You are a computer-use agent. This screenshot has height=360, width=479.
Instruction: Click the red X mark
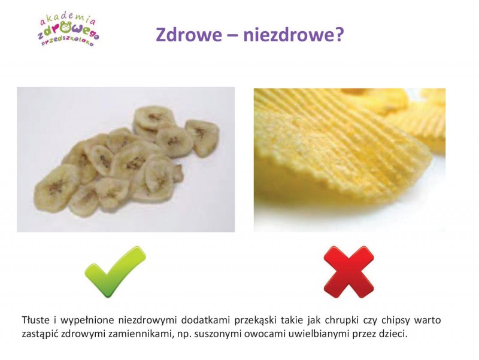coord(349,272)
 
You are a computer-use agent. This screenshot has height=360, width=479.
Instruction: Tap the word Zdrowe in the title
coord(189,35)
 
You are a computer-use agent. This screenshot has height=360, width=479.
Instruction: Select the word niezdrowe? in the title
coord(293,35)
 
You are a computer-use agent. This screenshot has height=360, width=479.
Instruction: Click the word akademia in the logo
coord(68,20)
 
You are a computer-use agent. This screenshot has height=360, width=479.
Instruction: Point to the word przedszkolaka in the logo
coord(67,42)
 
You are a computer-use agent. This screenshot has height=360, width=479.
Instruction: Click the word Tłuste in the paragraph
coord(35,320)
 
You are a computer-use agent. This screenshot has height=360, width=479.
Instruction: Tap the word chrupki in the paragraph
coord(341,320)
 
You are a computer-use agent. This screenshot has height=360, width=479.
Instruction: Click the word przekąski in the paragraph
coord(256,320)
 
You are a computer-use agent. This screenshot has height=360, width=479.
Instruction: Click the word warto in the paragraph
coord(428,320)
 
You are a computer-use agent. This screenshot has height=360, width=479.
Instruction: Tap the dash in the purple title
coord(233,36)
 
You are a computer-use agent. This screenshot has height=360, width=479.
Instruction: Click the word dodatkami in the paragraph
coord(205,320)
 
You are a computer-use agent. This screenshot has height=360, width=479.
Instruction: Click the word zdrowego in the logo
coord(68,31)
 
